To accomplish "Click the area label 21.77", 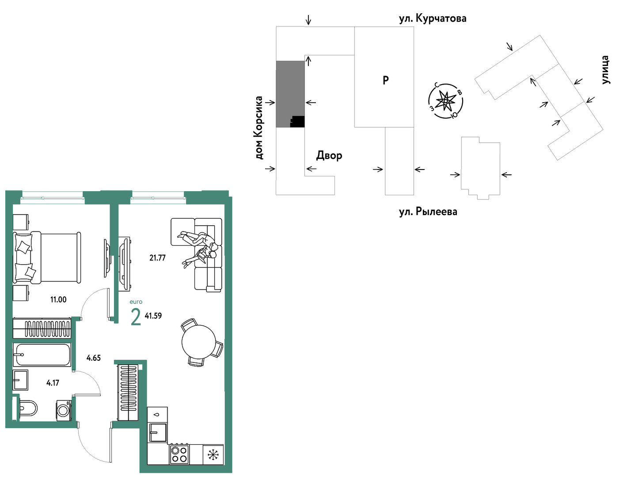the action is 157,258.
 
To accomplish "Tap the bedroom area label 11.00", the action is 58,300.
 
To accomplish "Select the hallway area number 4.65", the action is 94,358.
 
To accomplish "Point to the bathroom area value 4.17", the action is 53,383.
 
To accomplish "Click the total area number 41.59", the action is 153,316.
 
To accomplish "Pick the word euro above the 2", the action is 136,302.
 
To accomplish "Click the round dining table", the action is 198,342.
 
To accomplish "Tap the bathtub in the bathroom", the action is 42,355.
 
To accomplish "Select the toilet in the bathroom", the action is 28,408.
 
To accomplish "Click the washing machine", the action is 64,411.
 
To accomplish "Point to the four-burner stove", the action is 179,454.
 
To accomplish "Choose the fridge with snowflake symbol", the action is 213,455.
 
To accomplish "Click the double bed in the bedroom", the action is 47,258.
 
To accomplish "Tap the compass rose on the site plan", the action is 445,101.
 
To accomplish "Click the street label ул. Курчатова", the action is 433,19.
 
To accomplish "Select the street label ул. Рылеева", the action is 428,212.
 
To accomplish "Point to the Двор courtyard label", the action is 329,156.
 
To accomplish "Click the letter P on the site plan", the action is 386,80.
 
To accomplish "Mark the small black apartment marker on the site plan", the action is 297,121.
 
